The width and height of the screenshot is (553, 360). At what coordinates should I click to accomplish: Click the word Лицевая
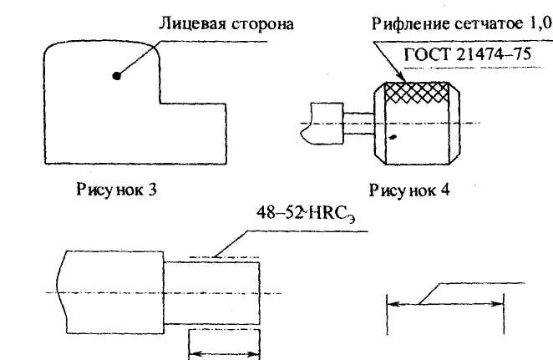coord(186,23)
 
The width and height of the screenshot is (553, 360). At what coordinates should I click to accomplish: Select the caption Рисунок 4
coord(409,190)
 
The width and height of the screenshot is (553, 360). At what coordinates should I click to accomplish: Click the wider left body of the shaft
coord(109,292)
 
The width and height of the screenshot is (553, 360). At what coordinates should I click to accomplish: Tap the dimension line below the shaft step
coord(223,354)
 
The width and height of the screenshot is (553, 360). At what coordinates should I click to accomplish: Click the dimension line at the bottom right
coord(444,306)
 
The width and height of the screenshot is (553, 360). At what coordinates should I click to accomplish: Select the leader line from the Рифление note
coord(385,63)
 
